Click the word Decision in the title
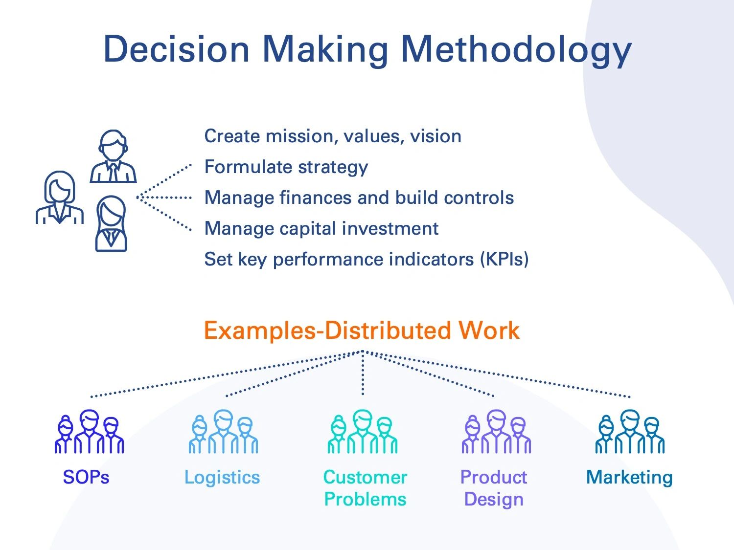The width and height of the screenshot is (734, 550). coord(176,49)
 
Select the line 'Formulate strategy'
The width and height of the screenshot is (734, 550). coord(286,167)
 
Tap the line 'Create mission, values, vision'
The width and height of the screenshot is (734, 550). coord(332,136)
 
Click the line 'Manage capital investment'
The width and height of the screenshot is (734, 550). coord(321,228)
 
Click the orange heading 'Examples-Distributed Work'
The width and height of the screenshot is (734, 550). coord(361,330)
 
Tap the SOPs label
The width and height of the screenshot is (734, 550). coord(86,477)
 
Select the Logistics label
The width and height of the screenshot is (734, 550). coord(222,477)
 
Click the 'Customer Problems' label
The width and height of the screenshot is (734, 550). coord(365,488)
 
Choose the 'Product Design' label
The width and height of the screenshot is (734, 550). coord(494,488)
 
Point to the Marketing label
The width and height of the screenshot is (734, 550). coord(629,477)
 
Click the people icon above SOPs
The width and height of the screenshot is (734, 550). coord(89,432)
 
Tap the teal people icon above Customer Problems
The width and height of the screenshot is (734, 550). coord(363,432)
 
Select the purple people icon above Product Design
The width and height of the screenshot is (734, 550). coord(496,432)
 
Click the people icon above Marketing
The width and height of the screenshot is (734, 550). coord(630,432)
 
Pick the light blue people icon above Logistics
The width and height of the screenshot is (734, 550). coord(223,432)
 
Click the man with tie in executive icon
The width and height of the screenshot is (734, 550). coord(113,156)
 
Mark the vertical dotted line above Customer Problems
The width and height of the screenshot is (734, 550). coord(363,374)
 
